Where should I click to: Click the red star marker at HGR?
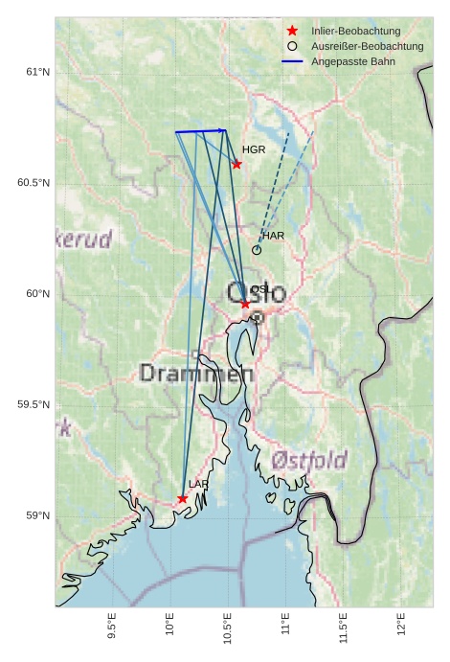click(236, 164)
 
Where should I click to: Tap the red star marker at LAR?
click(182, 498)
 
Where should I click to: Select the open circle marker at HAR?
click(257, 250)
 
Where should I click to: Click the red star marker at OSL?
click(245, 304)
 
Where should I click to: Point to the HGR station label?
click(254, 150)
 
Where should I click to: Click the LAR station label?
click(198, 485)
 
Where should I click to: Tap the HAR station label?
click(273, 236)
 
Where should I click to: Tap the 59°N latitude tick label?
click(37, 515)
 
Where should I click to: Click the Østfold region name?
click(308, 461)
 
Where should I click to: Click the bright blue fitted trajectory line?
click(200, 131)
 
